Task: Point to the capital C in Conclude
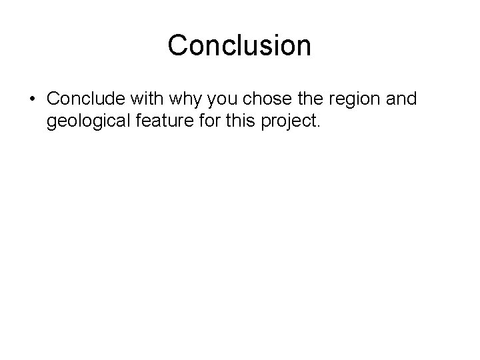54,99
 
